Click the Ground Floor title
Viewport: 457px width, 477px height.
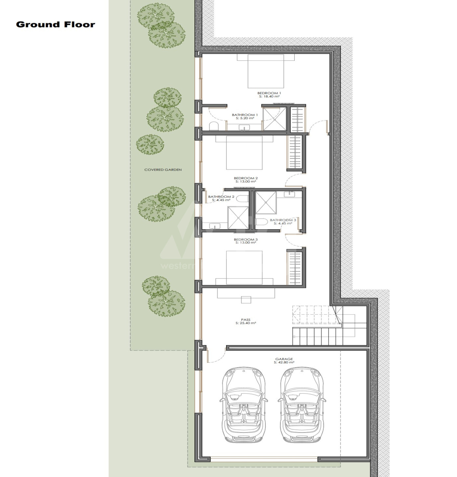pos(55,25)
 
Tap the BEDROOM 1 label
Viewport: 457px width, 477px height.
pos(269,93)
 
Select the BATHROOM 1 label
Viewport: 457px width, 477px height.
pos(245,115)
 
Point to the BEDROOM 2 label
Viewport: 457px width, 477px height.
pos(246,178)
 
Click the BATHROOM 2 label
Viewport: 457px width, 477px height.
pos(221,196)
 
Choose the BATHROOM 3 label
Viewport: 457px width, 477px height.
pos(283,220)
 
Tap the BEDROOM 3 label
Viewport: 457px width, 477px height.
pos(246,239)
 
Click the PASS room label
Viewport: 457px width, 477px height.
pos(246,320)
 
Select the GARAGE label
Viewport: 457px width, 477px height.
pos(284,359)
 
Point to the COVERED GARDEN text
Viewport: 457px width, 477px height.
pos(163,170)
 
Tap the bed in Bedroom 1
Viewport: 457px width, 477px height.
pos(266,71)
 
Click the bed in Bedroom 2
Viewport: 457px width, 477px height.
pos(244,153)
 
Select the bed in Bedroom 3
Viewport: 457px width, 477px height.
pos(244,268)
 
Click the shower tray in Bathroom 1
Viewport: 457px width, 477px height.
pos(274,119)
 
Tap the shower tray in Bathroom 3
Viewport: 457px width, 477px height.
pos(266,203)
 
